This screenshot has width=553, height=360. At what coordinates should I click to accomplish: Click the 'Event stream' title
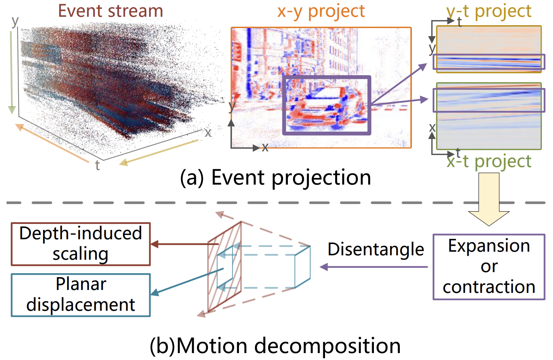111,11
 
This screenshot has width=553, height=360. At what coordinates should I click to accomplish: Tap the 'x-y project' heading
321,11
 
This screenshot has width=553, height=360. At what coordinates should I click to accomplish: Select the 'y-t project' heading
489,11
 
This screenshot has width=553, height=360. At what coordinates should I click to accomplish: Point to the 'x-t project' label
489,162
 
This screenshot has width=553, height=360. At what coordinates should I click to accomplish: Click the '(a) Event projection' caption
275,177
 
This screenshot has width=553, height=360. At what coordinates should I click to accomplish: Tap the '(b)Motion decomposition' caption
275,346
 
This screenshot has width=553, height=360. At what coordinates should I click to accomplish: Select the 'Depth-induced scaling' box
81,244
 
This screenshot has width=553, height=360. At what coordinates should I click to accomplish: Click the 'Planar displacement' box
81,295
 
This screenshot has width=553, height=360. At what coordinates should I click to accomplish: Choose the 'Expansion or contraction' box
489,267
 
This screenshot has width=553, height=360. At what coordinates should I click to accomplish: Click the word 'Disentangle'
376,249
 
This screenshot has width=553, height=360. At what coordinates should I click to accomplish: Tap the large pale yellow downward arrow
489,199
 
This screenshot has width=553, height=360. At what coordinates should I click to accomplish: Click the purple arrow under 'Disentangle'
374,267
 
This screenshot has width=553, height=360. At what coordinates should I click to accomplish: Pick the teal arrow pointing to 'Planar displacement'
187,282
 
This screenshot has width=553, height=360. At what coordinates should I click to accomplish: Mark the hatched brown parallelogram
224,267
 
